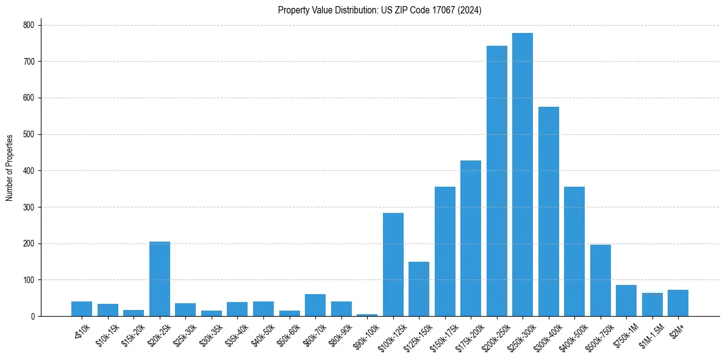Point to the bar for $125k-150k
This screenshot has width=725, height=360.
click(x=419, y=289)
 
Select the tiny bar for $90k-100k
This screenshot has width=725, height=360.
click(x=367, y=315)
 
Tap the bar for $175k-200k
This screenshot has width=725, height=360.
click(x=471, y=239)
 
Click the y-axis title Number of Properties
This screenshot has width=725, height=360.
click(x=10, y=168)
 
